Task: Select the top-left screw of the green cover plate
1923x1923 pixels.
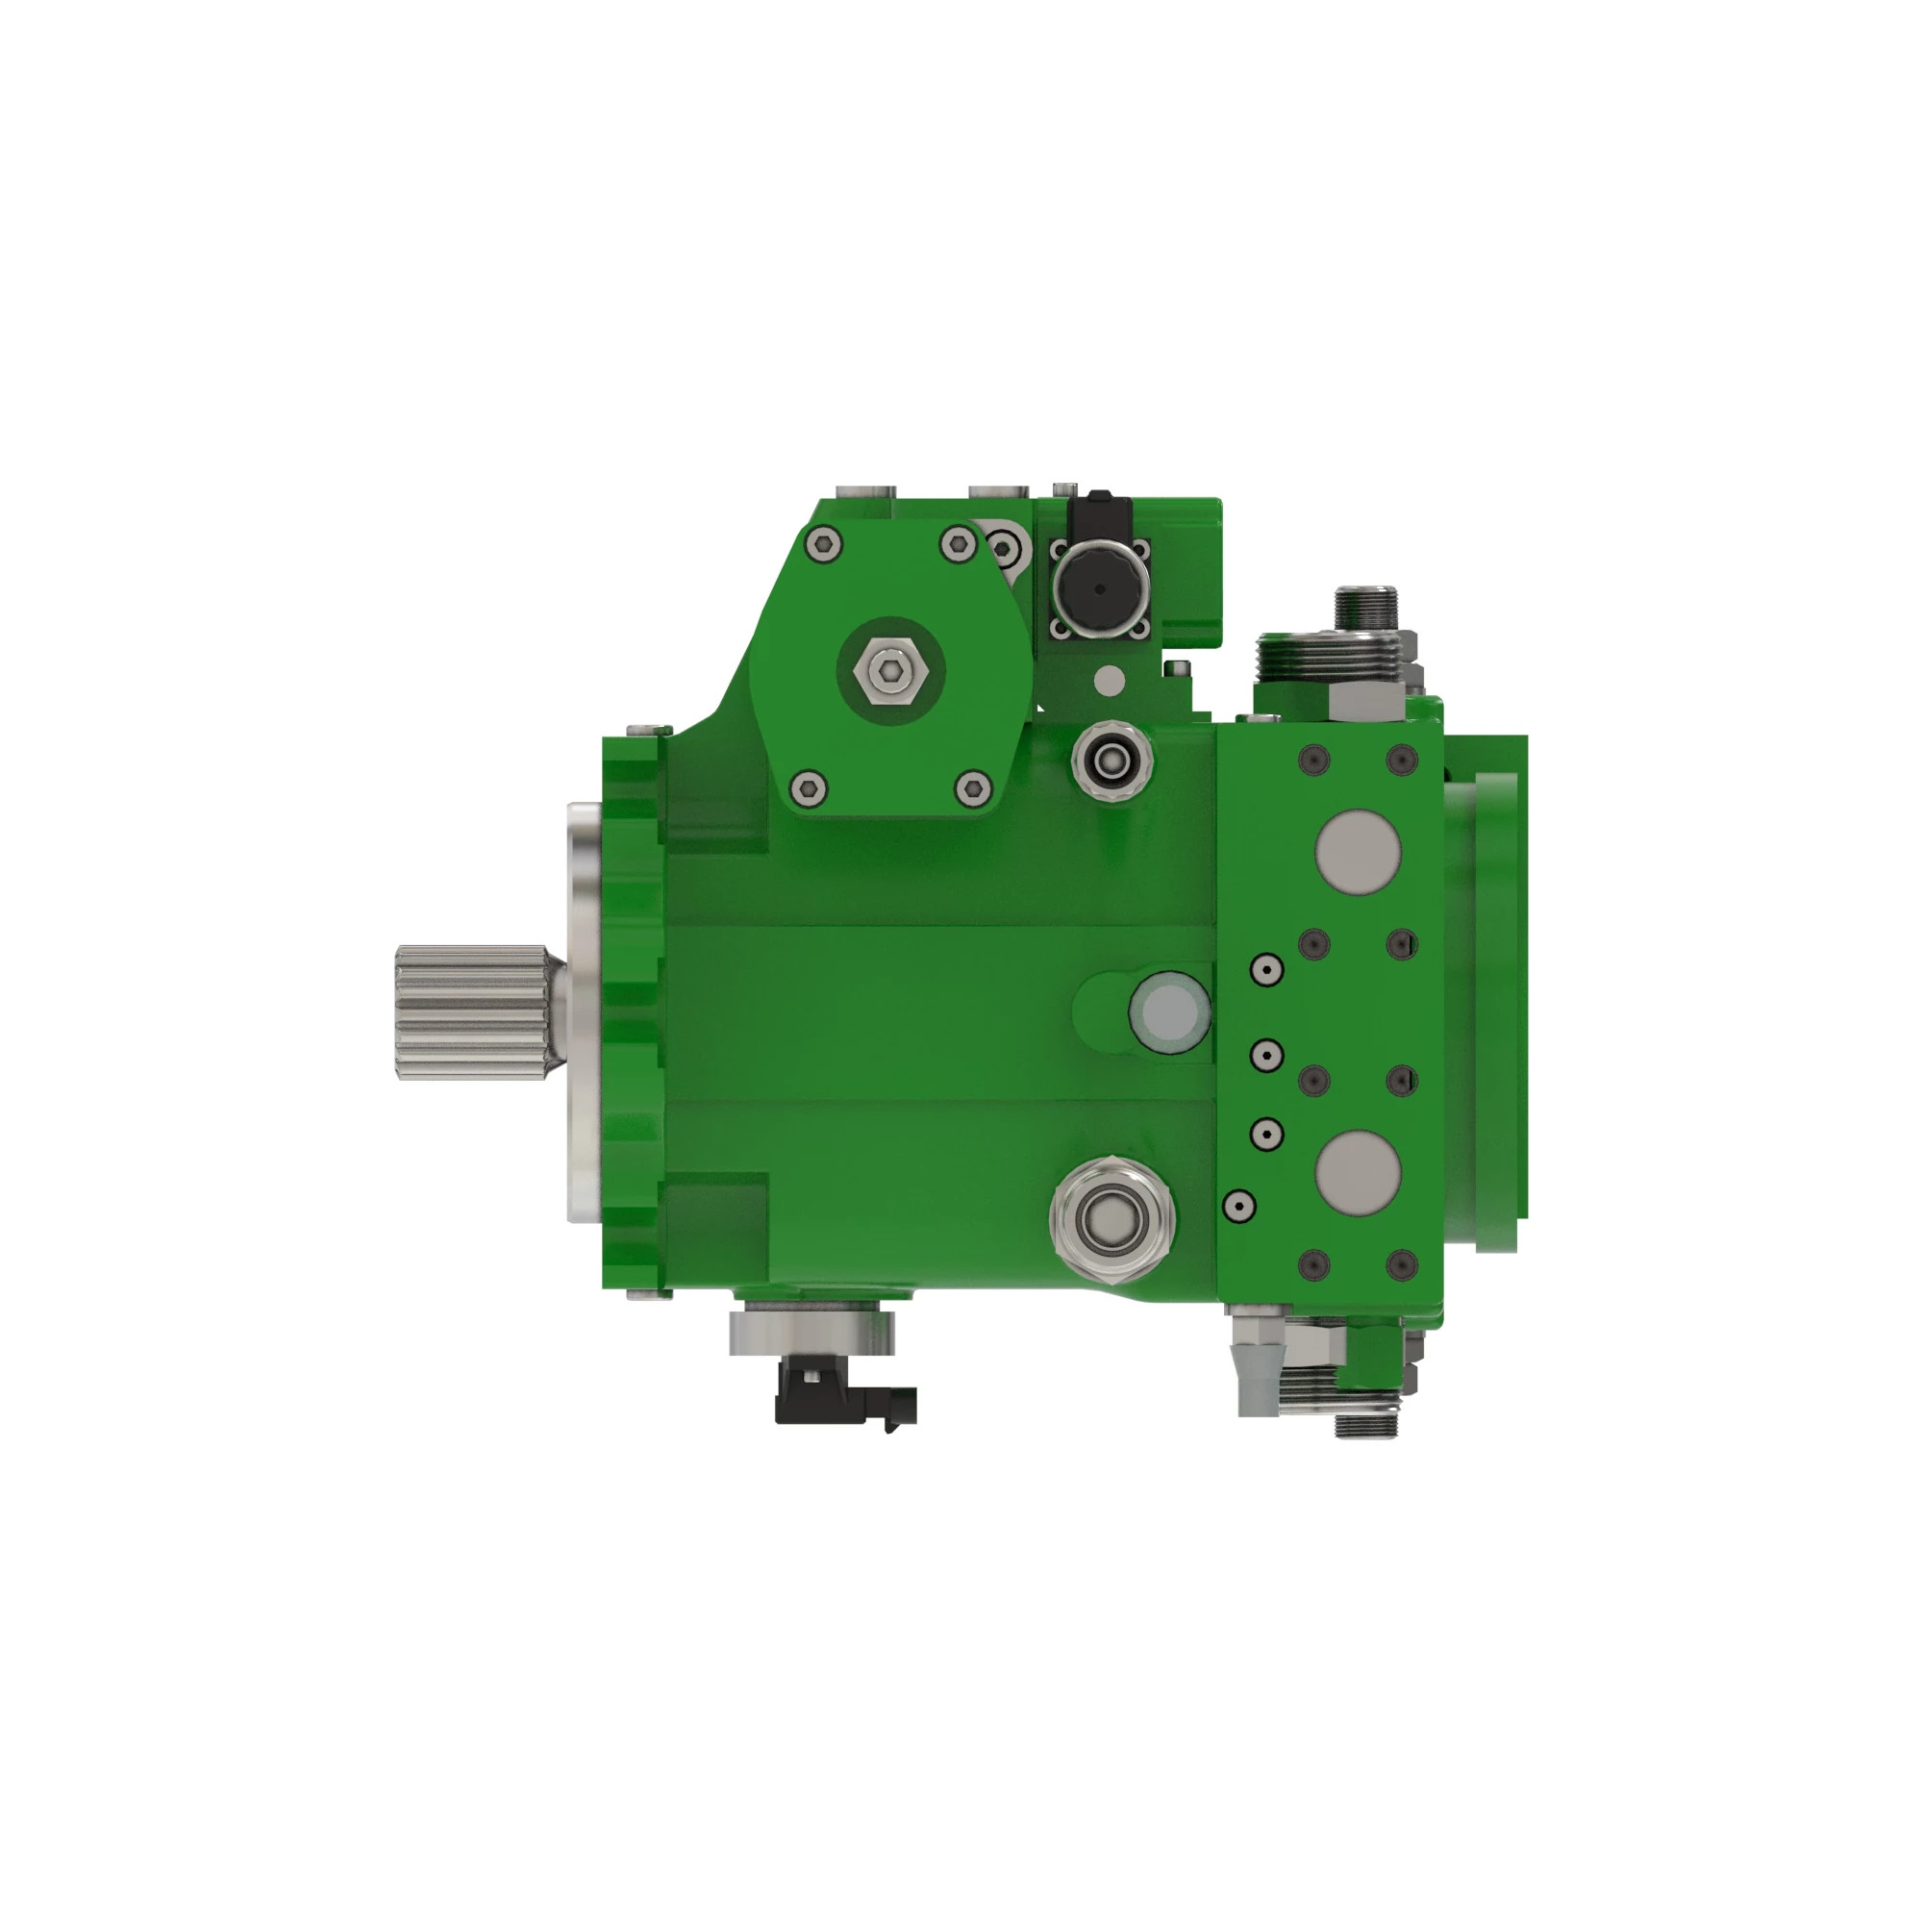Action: [x=825, y=543]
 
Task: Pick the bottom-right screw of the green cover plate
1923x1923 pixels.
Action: [x=972, y=789]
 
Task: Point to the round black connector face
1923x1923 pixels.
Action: [x=1099, y=588]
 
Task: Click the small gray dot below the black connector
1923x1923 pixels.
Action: [x=1109, y=681]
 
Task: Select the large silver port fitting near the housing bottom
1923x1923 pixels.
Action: [x=1111, y=1217]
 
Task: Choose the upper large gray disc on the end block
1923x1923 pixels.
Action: [x=1358, y=851]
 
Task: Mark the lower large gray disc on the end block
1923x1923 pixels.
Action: [x=1358, y=1171]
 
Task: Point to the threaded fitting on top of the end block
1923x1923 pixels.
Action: [x=1365, y=609]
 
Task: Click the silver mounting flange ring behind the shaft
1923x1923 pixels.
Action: [x=582, y=1011]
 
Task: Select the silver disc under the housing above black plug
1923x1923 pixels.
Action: [x=812, y=1332]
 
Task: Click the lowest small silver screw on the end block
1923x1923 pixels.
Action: [x=1237, y=1207]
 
